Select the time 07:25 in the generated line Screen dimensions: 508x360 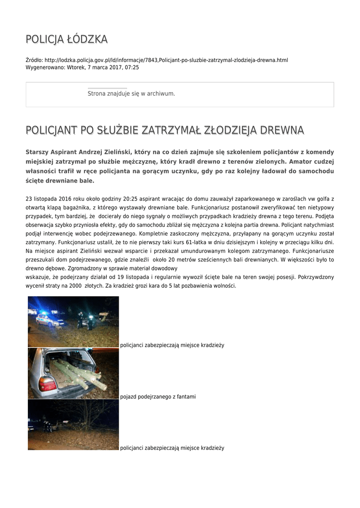coord(132,67)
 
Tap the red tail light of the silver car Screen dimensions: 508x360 coord(48,384)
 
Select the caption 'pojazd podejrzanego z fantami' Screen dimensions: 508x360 coord(158,397)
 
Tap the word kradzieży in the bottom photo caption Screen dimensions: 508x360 coord(212,448)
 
